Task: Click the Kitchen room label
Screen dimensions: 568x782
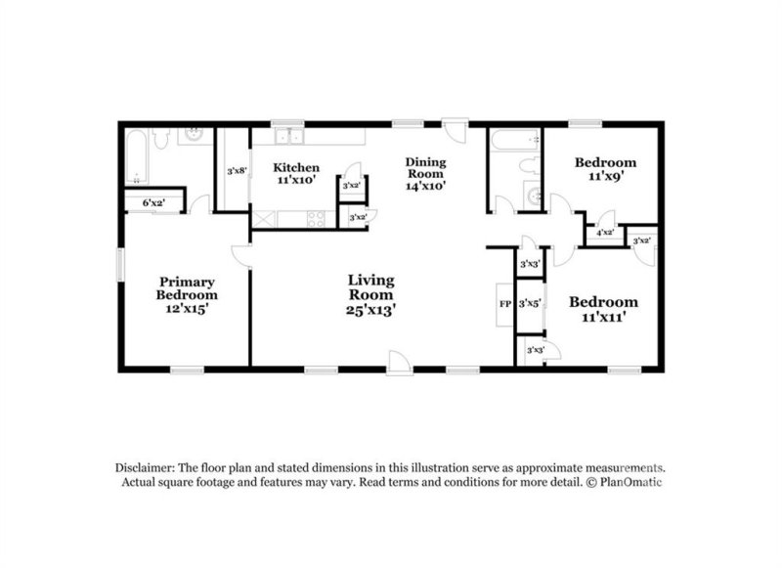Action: (296, 167)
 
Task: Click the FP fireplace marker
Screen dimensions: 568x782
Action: (504, 303)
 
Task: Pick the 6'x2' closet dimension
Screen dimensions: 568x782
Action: (153, 202)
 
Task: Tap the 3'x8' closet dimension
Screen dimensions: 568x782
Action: (237, 171)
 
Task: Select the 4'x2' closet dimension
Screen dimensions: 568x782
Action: (604, 233)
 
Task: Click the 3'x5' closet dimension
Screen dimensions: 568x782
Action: (530, 303)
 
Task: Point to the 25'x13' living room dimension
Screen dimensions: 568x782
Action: (371, 309)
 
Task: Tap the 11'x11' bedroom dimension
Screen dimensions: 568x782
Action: (603, 319)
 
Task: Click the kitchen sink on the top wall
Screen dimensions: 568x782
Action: (287, 137)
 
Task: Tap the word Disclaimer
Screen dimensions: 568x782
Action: (147, 467)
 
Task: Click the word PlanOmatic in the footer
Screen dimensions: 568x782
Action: (636, 482)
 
